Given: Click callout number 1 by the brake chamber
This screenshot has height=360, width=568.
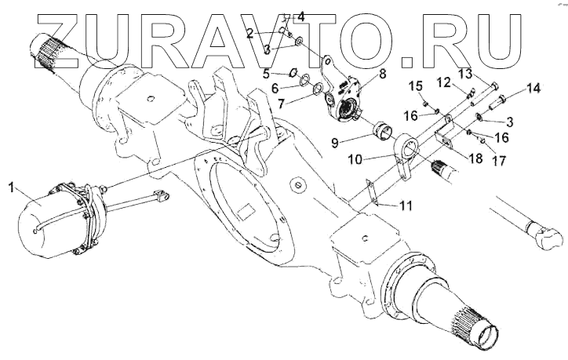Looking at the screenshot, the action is (x=12, y=187).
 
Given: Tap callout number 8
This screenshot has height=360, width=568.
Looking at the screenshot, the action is (x=382, y=75).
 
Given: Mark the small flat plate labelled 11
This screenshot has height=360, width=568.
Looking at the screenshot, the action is (x=371, y=193).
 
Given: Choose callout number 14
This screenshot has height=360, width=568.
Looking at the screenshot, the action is (x=533, y=89).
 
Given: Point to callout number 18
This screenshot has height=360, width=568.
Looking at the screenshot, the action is (x=476, y=157).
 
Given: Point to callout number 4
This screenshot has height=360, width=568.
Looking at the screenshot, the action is (x=301, y=15).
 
